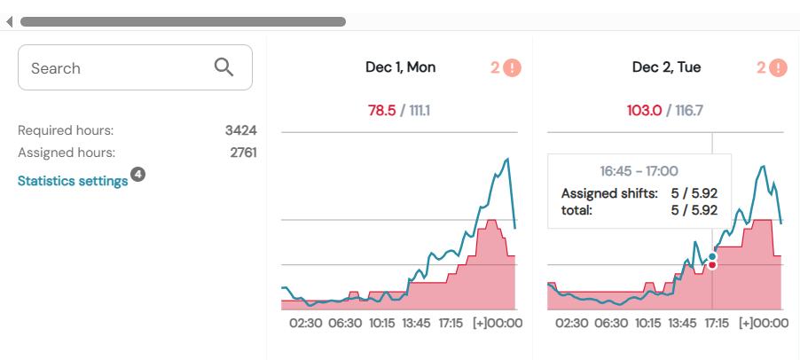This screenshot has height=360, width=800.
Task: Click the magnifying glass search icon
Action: [x=224, y=67]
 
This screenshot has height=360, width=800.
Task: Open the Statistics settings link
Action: [x=73, y=181]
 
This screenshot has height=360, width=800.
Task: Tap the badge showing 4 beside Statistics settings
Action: [x=138, y=174]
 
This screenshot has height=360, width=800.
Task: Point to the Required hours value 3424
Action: [x=240, y=130]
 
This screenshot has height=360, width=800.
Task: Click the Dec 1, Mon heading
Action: [x=400, y=67]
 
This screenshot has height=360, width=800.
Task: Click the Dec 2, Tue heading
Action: [x=666, y=67]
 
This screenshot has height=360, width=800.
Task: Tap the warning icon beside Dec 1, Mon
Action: [x=512, y=67]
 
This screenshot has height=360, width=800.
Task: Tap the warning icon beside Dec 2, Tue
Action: [x=778, y=67]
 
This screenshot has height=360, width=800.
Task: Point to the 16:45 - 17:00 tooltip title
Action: [x=639, y=171]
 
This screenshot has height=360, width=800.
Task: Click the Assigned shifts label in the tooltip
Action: [x=609, y=193]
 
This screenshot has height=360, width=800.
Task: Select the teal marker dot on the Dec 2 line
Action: [x=712, y=256]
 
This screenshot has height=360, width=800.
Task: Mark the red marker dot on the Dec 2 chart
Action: [x=712, y=264]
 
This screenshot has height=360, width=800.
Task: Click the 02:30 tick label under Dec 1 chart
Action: [x=306, y=323]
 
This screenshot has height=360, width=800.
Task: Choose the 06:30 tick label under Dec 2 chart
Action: [x=612, y=323]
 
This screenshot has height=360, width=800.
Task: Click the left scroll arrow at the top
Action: [x=9, y=21]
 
